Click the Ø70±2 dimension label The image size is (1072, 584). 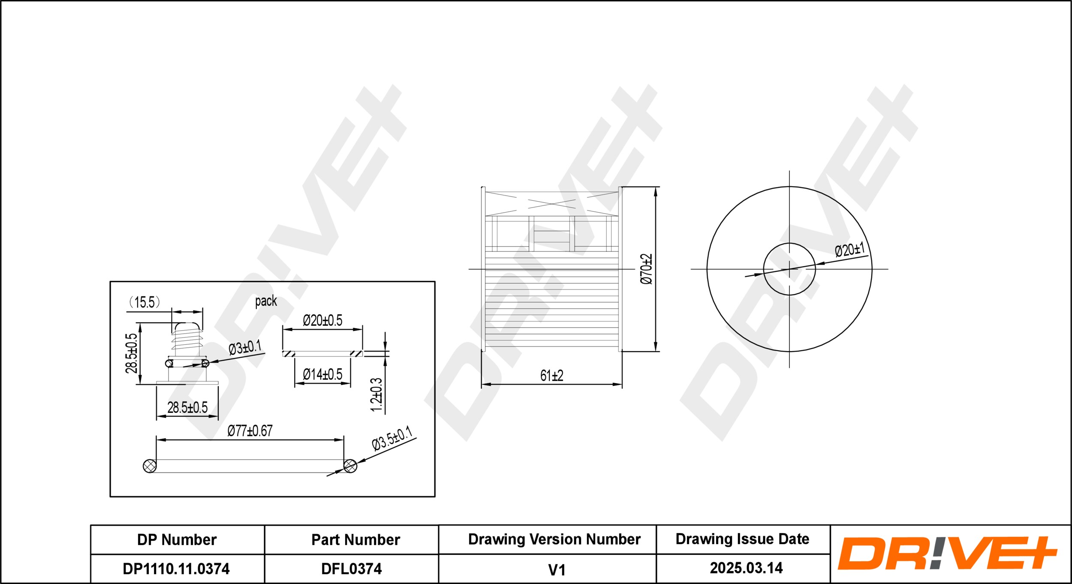(x=646, y=269)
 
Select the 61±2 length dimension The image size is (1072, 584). (x=551, y=376)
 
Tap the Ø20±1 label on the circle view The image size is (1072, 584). (x=850, y=250)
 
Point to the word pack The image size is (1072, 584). (x=266, y=301)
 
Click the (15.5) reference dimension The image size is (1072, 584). (x=145, y=302)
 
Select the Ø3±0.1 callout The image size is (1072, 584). (x=245, y=347)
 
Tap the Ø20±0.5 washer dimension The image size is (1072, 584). (x=322, y=320)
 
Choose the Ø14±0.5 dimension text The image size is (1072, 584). (x=322, y=374)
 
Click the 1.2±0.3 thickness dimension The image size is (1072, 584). (x=376, y=394)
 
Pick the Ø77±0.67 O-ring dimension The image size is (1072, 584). (x=250, y=430)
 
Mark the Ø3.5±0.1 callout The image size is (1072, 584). (x=392, y=438)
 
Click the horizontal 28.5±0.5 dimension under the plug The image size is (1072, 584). (x=187, y=407)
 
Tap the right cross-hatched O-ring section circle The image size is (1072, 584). (x=350, y=466)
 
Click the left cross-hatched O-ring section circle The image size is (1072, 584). (x=149, y=466)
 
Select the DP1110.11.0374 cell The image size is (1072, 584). (x=176, y=569)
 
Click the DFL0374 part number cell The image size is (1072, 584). (x=351, y=569)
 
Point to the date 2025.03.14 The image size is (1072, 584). (x=746, y=568)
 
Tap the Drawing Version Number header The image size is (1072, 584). (x=554, y=539)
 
